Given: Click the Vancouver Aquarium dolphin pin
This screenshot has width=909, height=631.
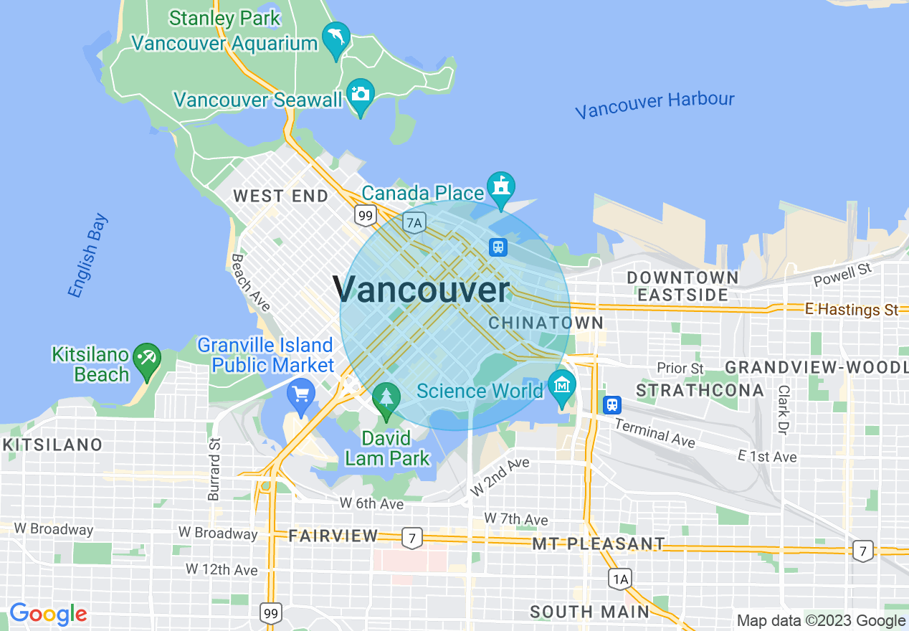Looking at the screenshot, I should [x=335, y=38].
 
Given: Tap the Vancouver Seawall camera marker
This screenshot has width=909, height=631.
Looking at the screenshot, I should [x=360, y=95].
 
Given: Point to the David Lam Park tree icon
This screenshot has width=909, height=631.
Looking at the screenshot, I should [x=386, y=399].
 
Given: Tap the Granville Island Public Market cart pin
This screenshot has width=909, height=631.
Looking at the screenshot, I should [x=301, y=394].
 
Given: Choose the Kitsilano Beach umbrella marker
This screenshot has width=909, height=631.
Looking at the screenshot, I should [x=148, y=356].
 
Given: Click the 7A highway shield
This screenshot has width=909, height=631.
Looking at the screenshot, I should [x=414, y=222].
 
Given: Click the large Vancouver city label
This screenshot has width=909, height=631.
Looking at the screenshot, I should [x=421, y=290].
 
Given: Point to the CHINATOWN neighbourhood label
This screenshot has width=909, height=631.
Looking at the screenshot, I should [x=546, y=323].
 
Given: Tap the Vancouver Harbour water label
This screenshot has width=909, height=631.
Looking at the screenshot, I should [x=655, y=105].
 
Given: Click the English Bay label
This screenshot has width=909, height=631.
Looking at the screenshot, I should [x=87, y=255].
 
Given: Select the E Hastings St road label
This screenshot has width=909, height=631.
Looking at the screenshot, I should [x=851, y=310].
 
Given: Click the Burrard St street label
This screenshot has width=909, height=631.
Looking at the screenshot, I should [x=214, y=468].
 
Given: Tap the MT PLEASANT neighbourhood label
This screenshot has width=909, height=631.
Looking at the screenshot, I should [x=598, y=544].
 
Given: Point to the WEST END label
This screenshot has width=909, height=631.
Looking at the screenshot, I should [x=280, y=196].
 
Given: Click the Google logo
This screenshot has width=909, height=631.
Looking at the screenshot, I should [x=48, y=615].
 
